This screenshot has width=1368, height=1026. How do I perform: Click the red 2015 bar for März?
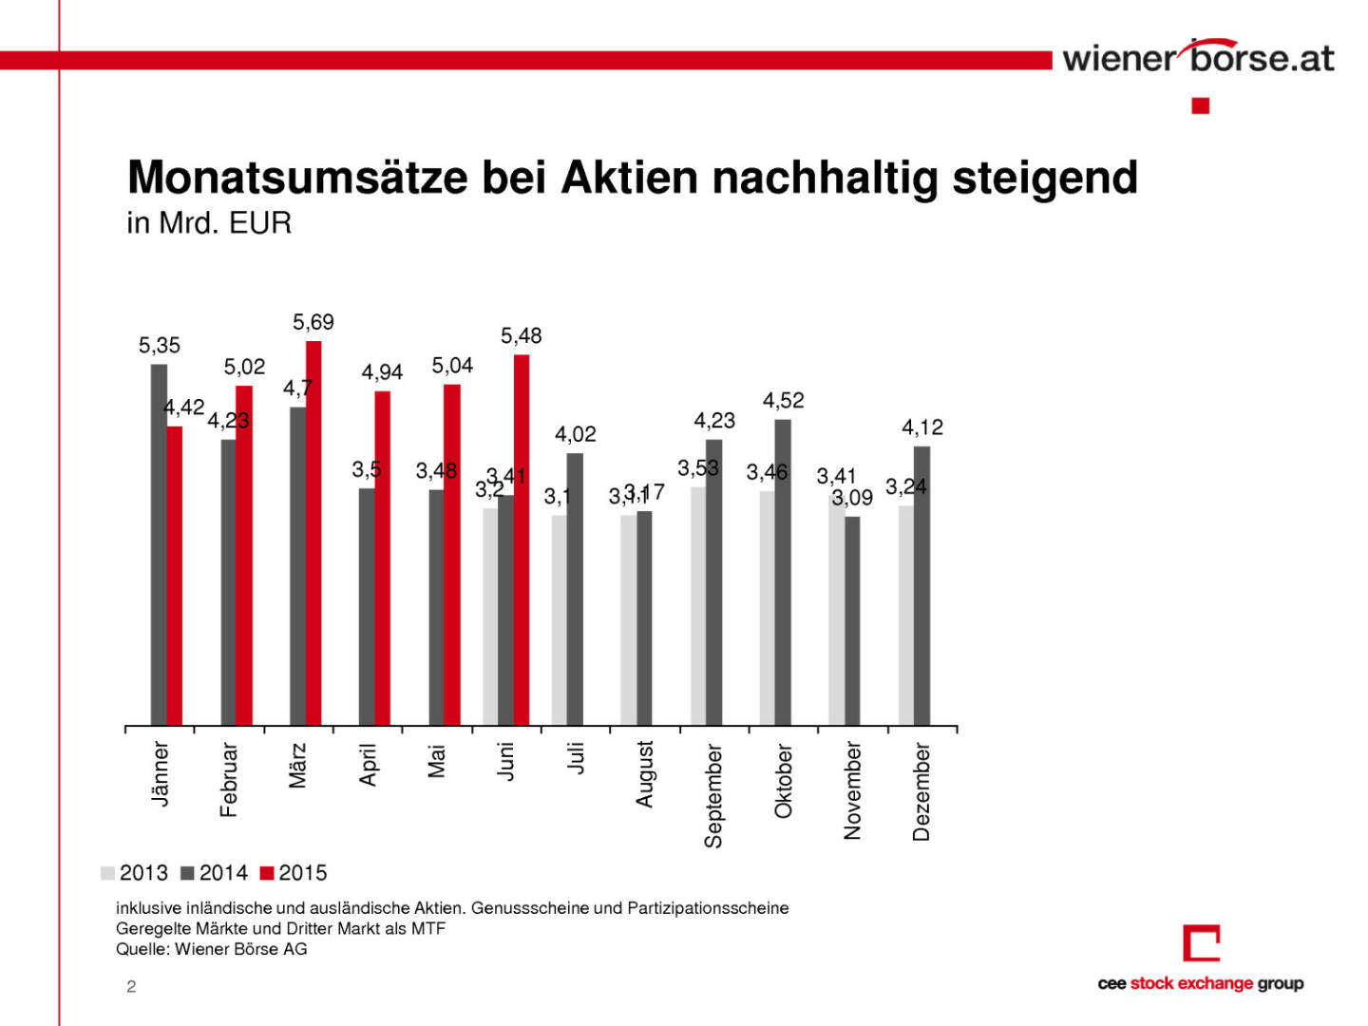[313, 532]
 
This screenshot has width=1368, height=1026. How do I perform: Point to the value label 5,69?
[313, 323]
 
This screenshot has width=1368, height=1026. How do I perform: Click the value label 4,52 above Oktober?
[783, 401]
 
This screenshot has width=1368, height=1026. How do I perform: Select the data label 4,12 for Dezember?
[922, 427]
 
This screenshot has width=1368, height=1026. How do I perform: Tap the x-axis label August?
[645, 774]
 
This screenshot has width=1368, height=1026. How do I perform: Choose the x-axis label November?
[852, 790]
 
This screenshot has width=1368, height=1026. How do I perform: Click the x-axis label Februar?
[228, 779]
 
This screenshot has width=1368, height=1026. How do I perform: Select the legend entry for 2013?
[134, 873]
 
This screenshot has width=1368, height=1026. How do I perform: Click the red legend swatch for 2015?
[267, 873]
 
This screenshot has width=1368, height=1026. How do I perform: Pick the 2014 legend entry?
[214, 873]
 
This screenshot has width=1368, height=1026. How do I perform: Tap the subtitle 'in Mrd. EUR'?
[209, 223]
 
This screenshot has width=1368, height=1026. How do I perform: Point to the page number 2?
[131, 987]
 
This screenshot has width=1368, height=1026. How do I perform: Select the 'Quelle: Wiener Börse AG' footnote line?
[212, 949]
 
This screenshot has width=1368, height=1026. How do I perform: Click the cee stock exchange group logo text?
[1200, 983]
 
